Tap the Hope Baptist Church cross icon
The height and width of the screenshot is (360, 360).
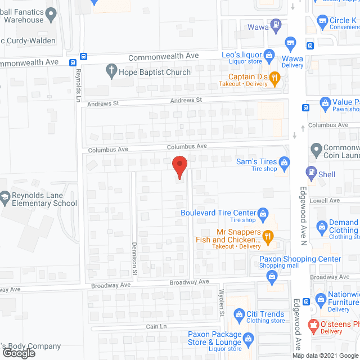pyautogui.click(x=111, y=71)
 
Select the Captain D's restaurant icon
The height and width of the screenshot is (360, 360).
pyautogui.click(x=274, y=77)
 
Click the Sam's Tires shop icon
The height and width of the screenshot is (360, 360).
pyautogui.click(x=284, y=163)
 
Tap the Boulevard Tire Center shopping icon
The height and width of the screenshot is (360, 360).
pyautogui.click(x=262, y=213)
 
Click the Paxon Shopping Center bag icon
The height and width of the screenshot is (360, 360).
pyautogui.click(x=272, y=276)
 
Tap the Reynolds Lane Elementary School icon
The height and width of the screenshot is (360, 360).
pyautogui.click(x=5, y=197)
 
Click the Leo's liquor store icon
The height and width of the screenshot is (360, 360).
pyautogui.click(x=269, y=55)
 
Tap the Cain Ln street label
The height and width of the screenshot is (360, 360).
pyautogui.click(x=157, y=326)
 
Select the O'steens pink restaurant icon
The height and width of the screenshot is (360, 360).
pyautogui.click(x=314, y=325)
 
